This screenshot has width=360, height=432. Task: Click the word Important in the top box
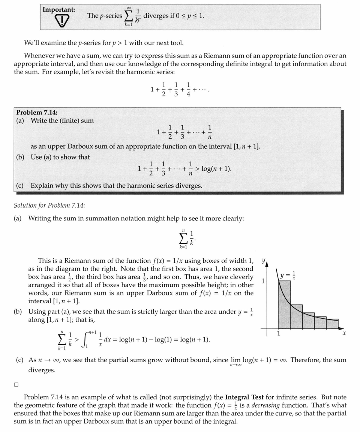coord(58,9)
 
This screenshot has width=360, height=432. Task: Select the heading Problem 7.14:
coord(36,113)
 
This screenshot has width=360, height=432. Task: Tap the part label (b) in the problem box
coord(20,157)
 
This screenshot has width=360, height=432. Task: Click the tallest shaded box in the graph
coord(284,305)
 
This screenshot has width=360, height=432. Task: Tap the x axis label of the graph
coord(343,333)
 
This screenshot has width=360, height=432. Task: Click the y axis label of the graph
coord(264,260)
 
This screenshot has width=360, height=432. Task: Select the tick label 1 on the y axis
coord(263,281)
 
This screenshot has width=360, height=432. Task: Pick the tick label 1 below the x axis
coord(278,333)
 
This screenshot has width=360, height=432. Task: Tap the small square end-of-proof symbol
coord(16,384)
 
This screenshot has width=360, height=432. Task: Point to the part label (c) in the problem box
coord(20,185)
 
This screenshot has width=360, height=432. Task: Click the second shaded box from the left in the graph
coord(296,316)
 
